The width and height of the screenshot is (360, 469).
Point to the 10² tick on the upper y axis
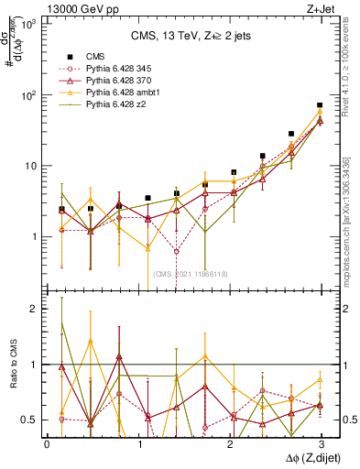tap(30, 95)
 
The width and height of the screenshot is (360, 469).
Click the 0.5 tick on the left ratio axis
tap(28, 420)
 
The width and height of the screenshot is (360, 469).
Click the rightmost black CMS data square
tap(319, 105)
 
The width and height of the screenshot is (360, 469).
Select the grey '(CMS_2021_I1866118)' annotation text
tap(190, 273)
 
